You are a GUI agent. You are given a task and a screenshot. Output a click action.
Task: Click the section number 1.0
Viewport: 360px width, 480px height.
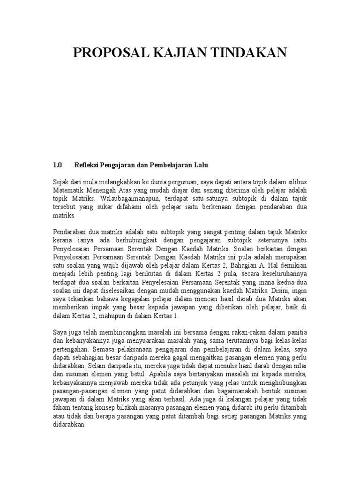point(58,165)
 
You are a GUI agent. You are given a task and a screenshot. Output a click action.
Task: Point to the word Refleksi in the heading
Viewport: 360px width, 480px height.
point(87,165)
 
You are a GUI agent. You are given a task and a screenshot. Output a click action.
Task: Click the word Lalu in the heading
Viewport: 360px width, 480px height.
point(200,165)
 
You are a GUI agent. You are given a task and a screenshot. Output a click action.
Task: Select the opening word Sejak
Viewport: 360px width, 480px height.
point(60,182)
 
